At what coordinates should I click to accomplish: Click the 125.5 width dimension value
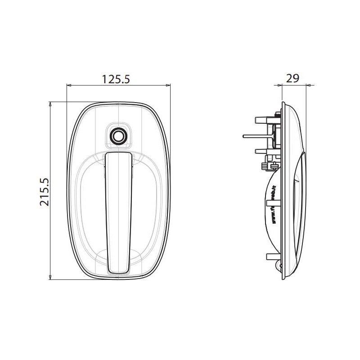coord(116,79)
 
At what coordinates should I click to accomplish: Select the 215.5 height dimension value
coord(44,192)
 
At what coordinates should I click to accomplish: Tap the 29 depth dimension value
coord(293,78)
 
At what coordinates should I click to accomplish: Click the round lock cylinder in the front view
coord(118,136)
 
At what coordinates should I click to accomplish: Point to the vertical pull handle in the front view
coord(118,211)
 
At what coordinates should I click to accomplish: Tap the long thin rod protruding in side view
coord(256,135)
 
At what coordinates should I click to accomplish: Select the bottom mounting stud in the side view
coord(272,257)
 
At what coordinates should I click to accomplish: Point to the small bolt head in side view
coord(264,167)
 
